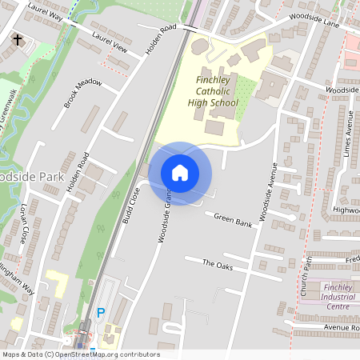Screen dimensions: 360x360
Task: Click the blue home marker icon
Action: [x=180, y=173]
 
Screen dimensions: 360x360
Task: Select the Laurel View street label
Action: [x=110, y=42]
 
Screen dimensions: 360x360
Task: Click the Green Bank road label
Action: [x=233, y=220]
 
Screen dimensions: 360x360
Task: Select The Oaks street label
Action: [x=217, y=264]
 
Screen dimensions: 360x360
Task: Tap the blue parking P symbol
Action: [x=100, y=313]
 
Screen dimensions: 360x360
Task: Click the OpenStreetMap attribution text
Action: [x=81, y=354]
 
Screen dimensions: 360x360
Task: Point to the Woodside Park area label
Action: [x=22, y=176]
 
